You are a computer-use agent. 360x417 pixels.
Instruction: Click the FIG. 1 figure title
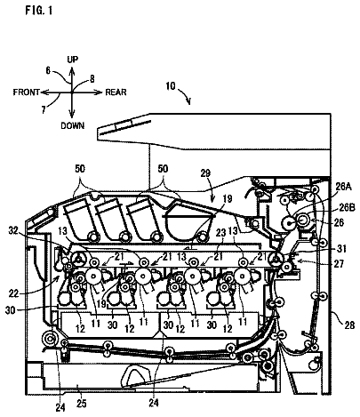pos(39,11)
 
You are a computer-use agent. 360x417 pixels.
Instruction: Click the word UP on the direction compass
pos(72,60)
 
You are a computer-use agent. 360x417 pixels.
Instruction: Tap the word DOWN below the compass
pos(73,125)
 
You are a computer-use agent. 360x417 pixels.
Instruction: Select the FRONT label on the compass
pos(27,92)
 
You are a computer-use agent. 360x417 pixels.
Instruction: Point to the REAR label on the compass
pos(116,92)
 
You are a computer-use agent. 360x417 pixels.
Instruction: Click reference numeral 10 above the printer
pos(171,86)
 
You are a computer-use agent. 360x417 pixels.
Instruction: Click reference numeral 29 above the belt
pos(205,173)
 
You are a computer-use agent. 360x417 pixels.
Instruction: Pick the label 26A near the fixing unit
pos(344,187)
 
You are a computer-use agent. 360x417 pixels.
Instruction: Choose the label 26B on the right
pos(347,208)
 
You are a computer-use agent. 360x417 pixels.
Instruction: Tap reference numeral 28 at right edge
pos(349,325)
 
